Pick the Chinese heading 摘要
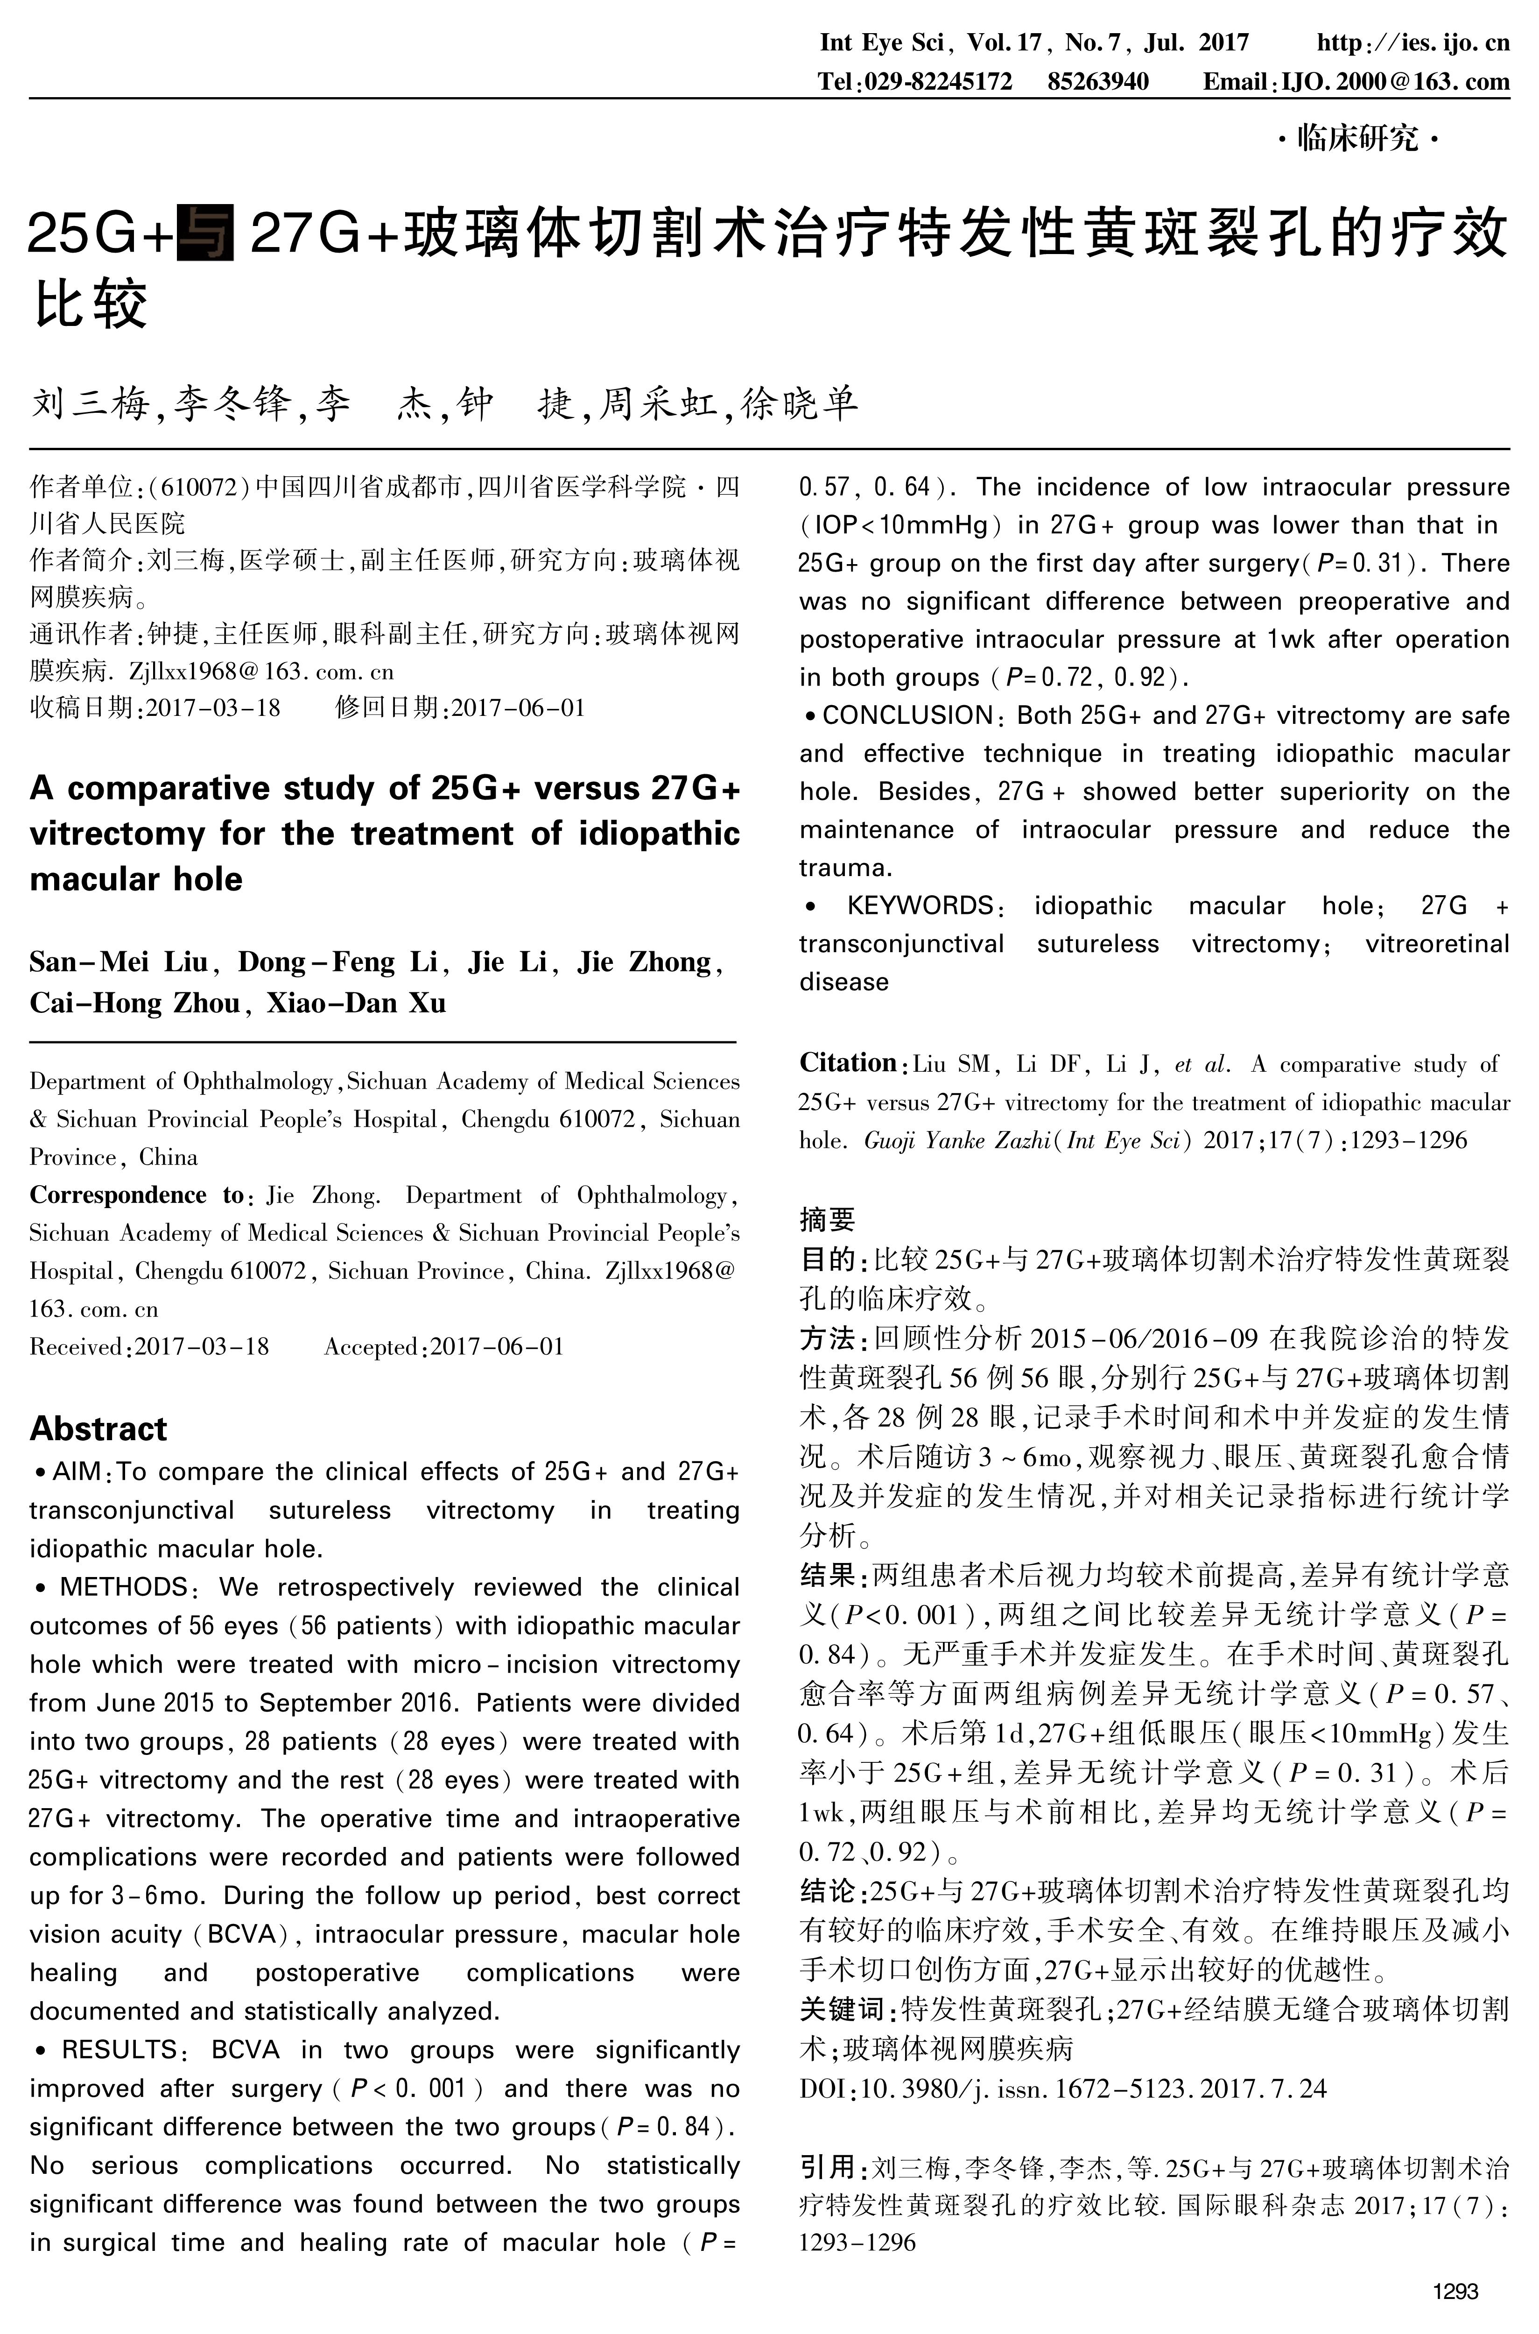pos(828,1219)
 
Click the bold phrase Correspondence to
pos(137,1195)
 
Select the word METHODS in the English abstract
pos(124,1588)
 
